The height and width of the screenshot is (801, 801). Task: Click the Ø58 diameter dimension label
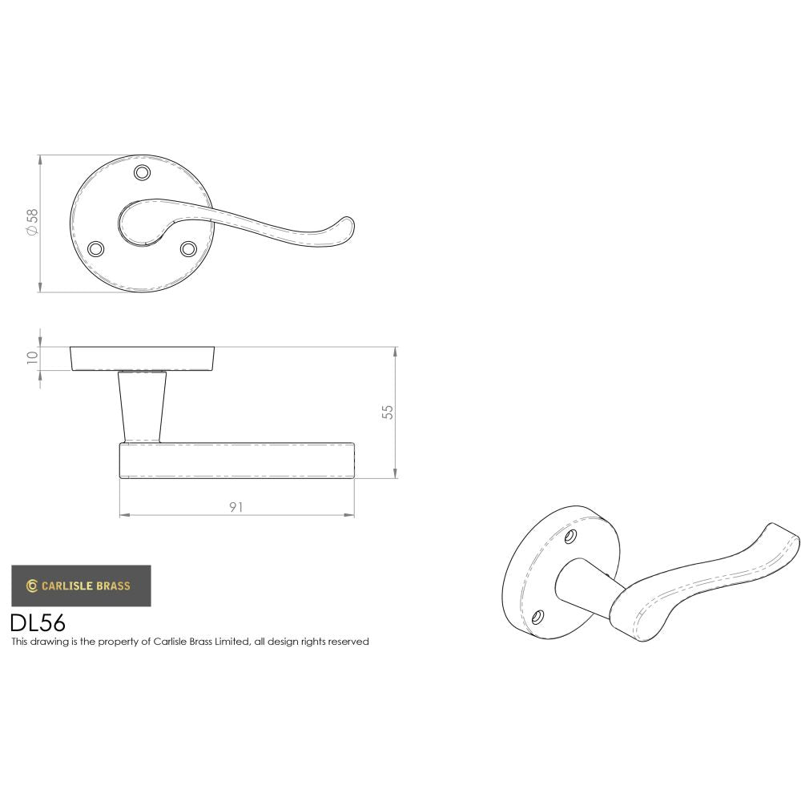33,222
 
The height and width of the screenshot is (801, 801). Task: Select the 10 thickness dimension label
33,357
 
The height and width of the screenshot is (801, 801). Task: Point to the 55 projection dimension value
388,412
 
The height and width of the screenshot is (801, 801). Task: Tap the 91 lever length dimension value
235,506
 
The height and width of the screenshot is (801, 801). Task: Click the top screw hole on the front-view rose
143,173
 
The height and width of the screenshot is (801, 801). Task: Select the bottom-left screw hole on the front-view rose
95,249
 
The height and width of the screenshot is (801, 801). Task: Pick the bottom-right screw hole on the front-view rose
188,249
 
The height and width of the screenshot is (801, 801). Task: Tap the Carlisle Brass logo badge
81,586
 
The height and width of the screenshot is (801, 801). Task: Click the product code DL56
38,623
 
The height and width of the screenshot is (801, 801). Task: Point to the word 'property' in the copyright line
130,642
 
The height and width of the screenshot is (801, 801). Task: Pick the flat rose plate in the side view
143,359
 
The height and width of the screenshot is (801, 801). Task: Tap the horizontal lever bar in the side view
237,460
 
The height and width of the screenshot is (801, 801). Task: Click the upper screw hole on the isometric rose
570,534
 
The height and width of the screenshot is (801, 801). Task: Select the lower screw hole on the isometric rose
538,617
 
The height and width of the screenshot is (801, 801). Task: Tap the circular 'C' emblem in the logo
33,586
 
